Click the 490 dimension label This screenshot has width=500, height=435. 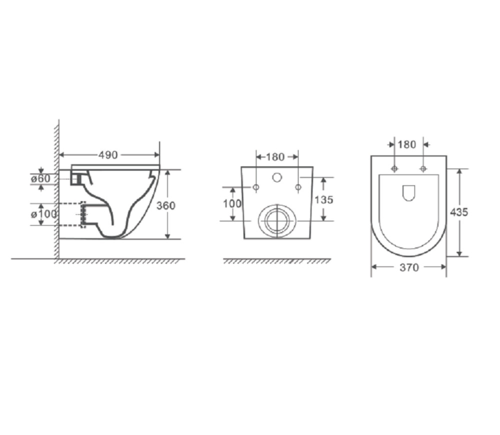pos(108,155)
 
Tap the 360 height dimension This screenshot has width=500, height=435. pos(166,206)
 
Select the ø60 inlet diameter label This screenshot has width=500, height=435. pos(41,179)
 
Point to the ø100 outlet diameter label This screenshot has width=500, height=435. pos(43,214)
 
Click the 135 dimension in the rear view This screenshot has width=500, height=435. pos(324,200)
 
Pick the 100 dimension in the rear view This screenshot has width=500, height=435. pos(232,203)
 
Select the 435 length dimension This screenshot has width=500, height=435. pos(459,212)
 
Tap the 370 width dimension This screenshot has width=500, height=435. pos(409,268)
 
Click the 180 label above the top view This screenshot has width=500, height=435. pos(407,144)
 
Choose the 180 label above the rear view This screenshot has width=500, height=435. pos(275,157)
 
